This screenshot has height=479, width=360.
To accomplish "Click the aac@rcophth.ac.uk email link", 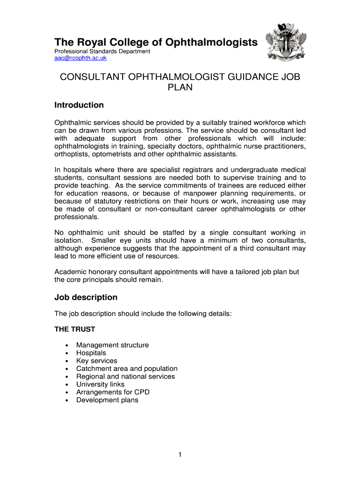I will (80, 58).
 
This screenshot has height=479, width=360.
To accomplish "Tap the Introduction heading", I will (79, 105).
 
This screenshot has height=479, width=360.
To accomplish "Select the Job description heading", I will (86, 298).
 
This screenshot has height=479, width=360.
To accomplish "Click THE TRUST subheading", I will (75, 329).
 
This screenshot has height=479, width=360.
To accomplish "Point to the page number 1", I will (180, 454).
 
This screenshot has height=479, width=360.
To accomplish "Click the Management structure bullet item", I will (113, 345).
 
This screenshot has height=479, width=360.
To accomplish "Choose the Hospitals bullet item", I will (91, 353).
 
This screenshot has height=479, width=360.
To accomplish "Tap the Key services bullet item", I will (97, 361).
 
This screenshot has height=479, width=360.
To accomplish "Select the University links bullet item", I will (101, 385).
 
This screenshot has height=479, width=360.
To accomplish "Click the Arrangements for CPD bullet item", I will (113, 392).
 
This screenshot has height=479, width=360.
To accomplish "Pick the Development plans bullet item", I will (108, 400).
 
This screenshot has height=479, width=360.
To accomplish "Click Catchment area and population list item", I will (127, 369).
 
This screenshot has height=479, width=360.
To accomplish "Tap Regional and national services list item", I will (126, 377).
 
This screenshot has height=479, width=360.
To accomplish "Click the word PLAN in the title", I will (180, 87).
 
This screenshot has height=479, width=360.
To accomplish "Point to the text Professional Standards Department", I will (102, 51).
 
